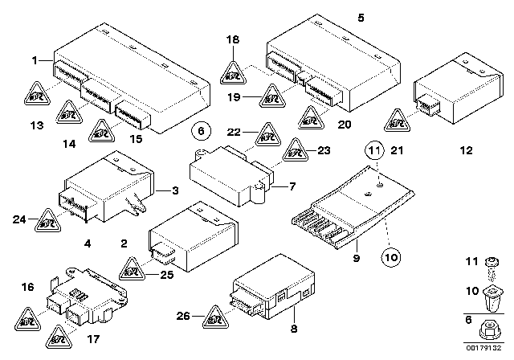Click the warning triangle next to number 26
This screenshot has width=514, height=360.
(x=216, y=318)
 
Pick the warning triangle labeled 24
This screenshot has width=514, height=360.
(x=47, y=218)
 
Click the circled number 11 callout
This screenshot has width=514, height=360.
(x=373, y=149)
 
